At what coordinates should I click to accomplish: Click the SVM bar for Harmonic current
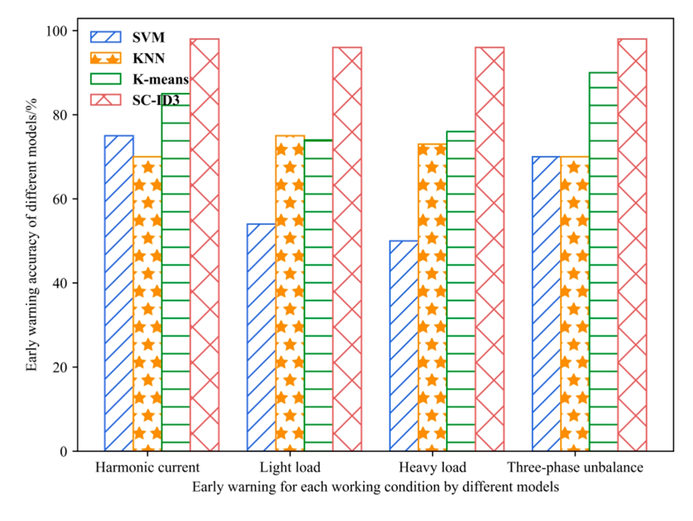point(119,293)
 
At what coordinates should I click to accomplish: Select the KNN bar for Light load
point(290,293)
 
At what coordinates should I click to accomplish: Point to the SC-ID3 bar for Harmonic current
point(204,245)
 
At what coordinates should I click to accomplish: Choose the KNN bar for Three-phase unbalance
point(575,304)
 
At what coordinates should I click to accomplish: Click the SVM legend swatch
point(106,37)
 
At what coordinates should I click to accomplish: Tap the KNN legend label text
point(149,58)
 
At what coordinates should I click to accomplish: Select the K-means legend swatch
point(106,79)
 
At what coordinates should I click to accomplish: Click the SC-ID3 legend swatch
point(106,100)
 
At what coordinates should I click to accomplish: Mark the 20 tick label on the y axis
point(60,367)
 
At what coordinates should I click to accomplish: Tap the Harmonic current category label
point(147,467)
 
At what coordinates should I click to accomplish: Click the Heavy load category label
point(432,467)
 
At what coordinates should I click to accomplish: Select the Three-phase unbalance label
point(575,467)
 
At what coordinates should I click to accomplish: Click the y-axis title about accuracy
point(32,235)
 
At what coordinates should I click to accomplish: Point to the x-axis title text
point(375,487)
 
